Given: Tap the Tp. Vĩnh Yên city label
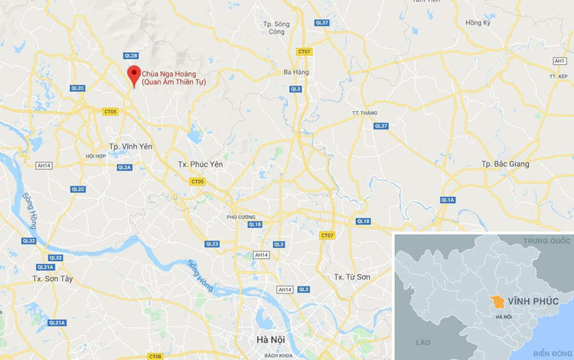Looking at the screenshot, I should point(119,146).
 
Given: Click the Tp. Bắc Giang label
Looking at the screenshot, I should point(506,164).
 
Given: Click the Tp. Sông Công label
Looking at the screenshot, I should point(281,28).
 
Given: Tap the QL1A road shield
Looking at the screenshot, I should point(448,200).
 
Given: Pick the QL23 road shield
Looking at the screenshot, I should point(212,244).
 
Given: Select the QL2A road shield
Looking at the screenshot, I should point(124,167).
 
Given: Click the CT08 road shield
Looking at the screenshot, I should point(155,356).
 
